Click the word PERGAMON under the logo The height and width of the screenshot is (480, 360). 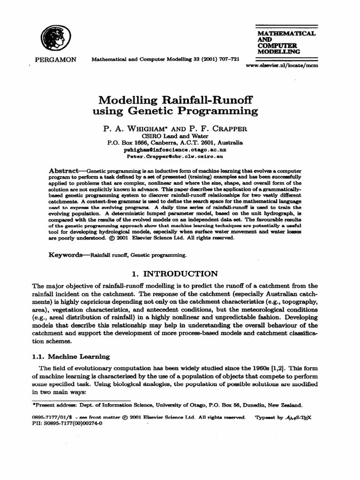tap(54, 60)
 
